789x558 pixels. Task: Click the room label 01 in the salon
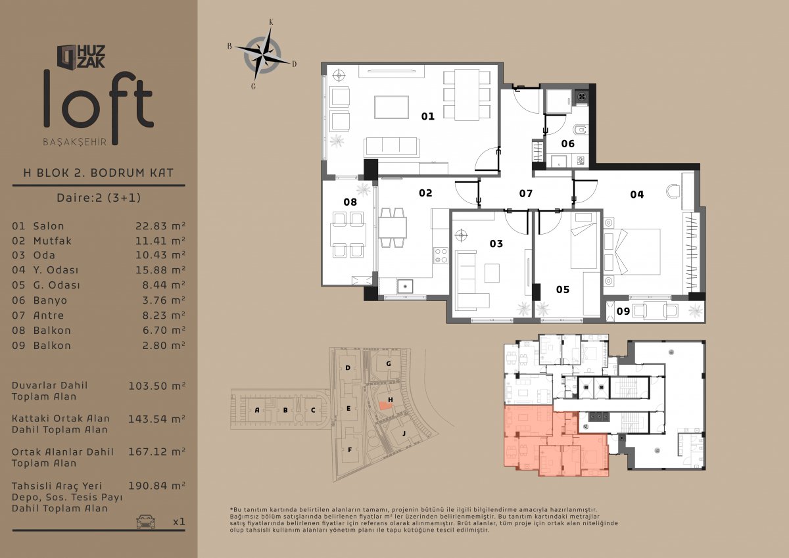pyautogui.click(x=427, y=116)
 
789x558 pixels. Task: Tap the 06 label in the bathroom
pyautogui.click(x=568, y=144)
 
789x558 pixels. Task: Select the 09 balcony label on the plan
pyautogui.click(x=623, y=312)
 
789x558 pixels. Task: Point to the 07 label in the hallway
pyautogui.click(x=526, y=193)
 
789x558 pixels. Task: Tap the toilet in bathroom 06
pyautogui.click(x=579, y=131)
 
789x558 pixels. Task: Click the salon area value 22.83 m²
pyautogui.click(x=160, y=226)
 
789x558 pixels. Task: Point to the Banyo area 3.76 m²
pyautogui.click(x=164, y=300)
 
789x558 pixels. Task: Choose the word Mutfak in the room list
pyautogui.click(x=53, y=241)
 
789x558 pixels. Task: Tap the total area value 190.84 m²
pyautogui.click(x=156, y=486)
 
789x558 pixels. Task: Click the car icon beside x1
pyautogui.click(x=145, y=521)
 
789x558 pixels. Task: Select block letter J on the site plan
pyautogui.click(x=404, y=433)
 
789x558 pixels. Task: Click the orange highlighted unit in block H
pyautogui.click(x=385, y=406)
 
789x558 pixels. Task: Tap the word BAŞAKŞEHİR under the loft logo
pyautogui.click(x=75, y=142)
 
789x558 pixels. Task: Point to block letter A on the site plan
pyautogui.click(x=257, y=410)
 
